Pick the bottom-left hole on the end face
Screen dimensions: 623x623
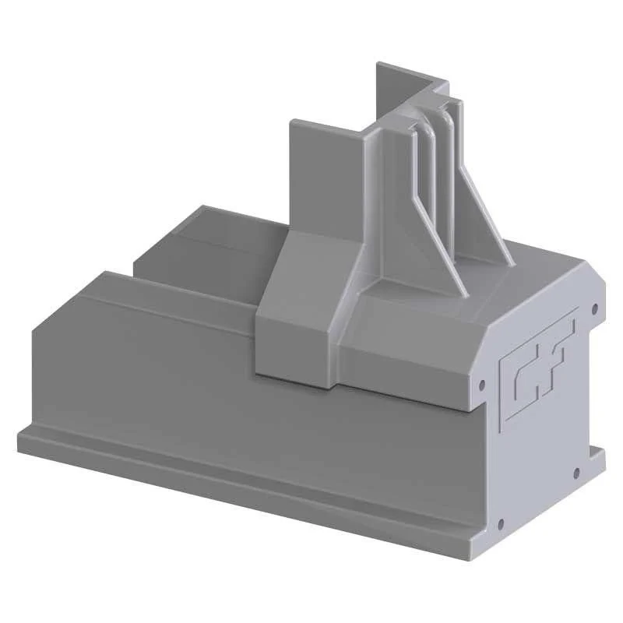[500, 523]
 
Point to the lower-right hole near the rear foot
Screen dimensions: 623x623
[576, 472]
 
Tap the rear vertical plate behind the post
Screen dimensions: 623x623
[397, 90]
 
